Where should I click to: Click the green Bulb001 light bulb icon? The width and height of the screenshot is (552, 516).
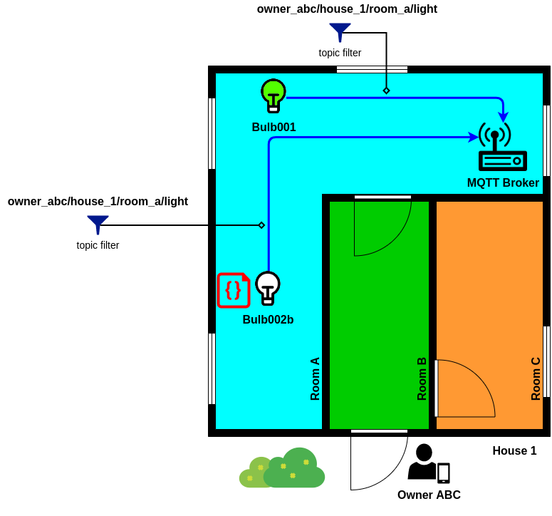click(274, 96)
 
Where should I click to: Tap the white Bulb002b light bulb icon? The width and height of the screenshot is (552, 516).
click(268, 288)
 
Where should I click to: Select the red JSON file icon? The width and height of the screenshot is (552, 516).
click(234, 290)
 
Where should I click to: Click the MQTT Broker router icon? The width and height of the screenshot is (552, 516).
click(503, 147)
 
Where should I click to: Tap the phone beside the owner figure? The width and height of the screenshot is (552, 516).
click(444, 473)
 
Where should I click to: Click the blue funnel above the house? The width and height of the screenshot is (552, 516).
click(340, 32)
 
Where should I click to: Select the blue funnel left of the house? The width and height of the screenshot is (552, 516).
click(98, 225)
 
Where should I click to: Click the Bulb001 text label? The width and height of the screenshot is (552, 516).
click(274, 127)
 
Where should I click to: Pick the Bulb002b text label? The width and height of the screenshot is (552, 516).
click(269, 319)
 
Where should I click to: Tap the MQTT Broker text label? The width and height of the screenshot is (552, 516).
click(503, 182)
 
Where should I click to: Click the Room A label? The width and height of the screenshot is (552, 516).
click(315, 378)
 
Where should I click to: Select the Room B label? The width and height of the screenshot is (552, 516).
click(422, 378)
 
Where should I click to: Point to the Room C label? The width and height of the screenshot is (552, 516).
click(536, 378)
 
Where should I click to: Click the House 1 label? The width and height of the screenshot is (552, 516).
click(514, 451)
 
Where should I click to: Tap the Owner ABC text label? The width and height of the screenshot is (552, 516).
click(429, 495)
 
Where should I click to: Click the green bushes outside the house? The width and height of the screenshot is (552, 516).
click(282, 468)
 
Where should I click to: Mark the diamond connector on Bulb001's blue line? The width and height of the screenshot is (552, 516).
click(386, 91)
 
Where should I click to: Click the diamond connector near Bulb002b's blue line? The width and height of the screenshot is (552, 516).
click(261, 225)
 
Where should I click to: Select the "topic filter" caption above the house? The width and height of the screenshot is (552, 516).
click(340, 53)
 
